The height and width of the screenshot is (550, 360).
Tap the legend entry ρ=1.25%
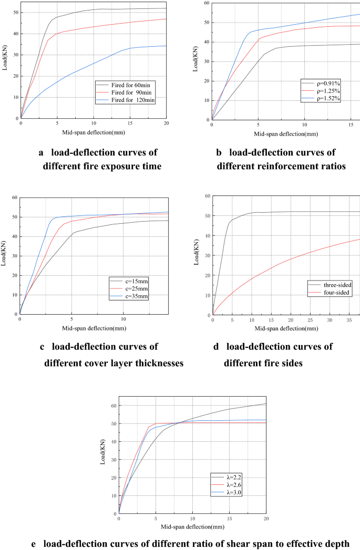[x=323, y=90]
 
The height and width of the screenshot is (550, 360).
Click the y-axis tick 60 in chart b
[x=205, y=3]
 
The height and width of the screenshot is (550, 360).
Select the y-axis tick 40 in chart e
[x=112, y=441]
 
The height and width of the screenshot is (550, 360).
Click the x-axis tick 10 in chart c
[x=123, y=319]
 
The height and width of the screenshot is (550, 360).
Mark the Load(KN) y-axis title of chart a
[x=5, y=60]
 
